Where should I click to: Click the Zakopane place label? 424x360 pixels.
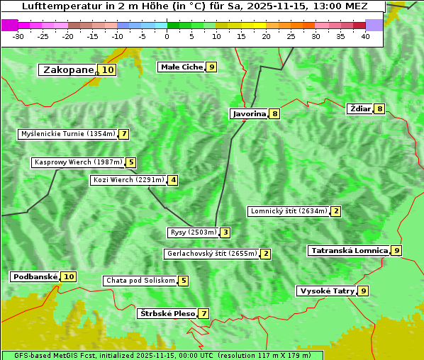68,69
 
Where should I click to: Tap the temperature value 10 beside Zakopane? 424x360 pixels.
107,69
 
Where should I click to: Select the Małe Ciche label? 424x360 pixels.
182,67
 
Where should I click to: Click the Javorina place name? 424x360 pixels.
249,113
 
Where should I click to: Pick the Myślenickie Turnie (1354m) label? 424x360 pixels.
67,133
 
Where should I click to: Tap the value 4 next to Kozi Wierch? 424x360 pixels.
173,180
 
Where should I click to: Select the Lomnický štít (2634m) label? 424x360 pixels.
289,210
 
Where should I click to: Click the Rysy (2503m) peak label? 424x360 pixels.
193,232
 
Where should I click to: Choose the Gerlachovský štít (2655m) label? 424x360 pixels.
211,254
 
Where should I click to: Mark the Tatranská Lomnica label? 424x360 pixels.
349,250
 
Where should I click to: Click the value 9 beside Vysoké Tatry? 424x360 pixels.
364,291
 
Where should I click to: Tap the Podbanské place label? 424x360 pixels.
35,276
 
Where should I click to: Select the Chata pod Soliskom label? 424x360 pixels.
140,281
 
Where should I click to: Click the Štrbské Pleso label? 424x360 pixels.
167,313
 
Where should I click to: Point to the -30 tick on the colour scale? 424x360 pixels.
18,36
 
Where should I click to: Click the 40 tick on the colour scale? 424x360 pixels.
365,36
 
